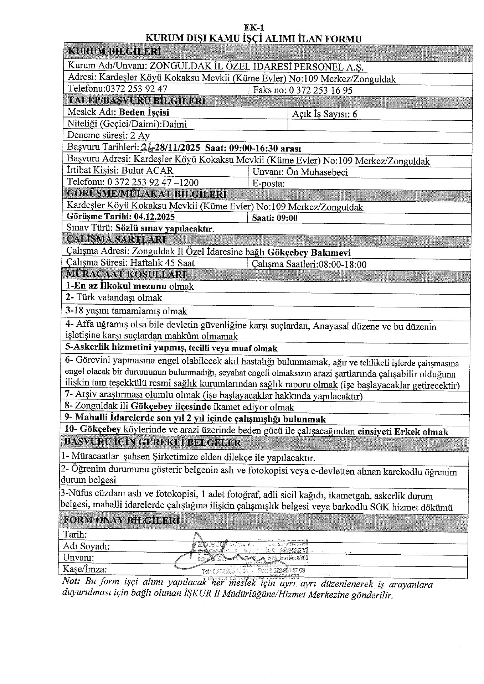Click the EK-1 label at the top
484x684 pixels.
pos(254,27)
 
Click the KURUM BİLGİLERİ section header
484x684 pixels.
pos(114,52)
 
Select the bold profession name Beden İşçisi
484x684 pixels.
pos(144,113)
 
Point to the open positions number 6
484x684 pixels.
pos(354,114)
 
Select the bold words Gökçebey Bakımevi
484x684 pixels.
pos(309,253)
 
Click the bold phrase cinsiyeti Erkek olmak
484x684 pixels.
pos(402,432)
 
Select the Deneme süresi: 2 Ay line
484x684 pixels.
pos(108,136)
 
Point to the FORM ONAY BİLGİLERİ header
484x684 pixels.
pos(122,520)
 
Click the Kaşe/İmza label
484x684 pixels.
pos(84,569)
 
